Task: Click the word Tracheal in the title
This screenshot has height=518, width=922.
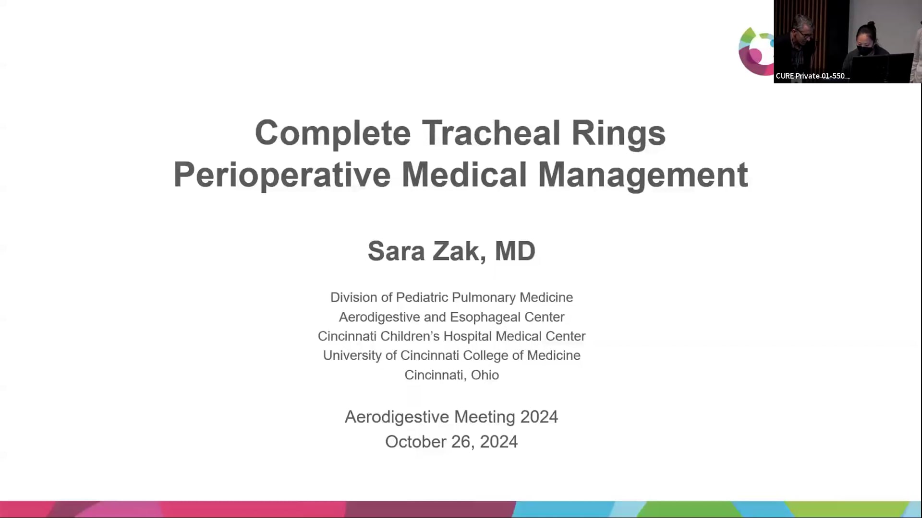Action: (x=491, y=132)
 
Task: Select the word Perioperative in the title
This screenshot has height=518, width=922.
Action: (x=282, y=176)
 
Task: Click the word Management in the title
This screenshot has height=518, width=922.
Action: (x=643, y=176)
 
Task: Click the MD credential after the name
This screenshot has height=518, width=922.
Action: (x=515, y=251)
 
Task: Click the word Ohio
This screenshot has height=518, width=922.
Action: (x=485, y=375)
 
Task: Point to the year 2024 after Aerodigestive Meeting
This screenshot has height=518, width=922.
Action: (x=539, y=417)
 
